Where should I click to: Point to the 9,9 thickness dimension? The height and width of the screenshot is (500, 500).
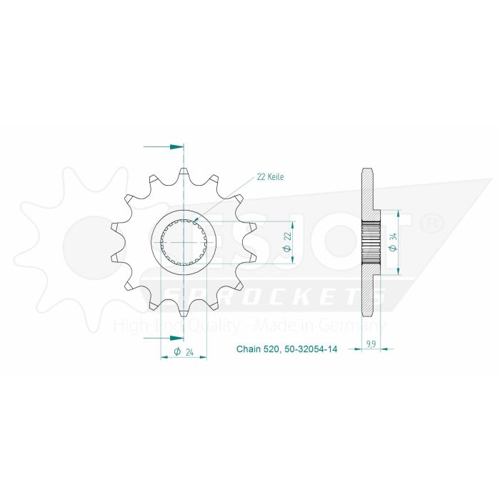coord(371,344)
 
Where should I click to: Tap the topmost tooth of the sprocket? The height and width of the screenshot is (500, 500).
coord(184,171)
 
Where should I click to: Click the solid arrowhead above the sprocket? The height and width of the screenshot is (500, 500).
coord(176,146)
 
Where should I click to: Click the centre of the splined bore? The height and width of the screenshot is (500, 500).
coord(184,243)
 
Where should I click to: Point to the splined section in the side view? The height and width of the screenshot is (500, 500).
coord(372,243)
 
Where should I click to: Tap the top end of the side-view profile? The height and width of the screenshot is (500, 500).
coord(368,170)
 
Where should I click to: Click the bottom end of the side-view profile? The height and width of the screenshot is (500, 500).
coord(368,316)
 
